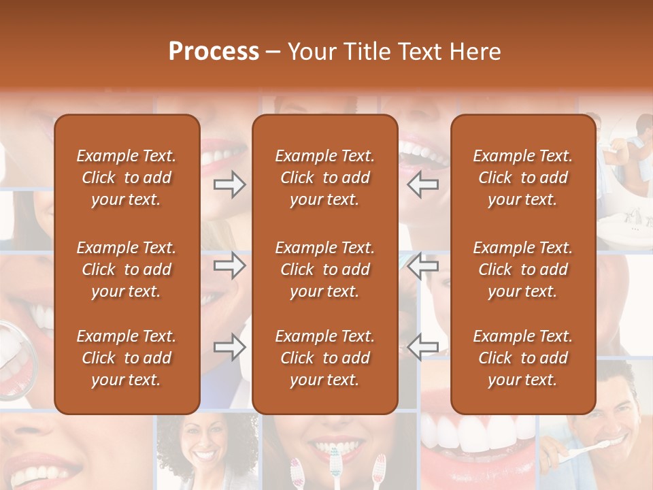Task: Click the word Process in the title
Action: click(x=214, y=52)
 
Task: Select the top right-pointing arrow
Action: click(x=230, y=184)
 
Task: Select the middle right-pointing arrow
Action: click(x=230, y=265)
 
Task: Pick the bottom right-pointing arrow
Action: click(x=230, y=347)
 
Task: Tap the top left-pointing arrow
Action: click(x=423, y=184)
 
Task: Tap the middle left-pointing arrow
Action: click(x=423, y=265)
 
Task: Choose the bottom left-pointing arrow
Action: click(x=423, y=347)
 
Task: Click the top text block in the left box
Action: click(x=127, y=178)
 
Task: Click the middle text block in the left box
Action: click(x=127, y=269)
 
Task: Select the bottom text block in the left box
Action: click(x=127, y=358)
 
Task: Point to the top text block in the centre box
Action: click(x=324, y=178)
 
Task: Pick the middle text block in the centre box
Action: click(x=324, y=269)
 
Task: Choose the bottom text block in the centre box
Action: click(x=324, y=358)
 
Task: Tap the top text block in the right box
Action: click(x=522, y=178)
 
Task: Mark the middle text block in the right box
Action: click(x=522, y=269)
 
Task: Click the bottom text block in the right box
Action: click(x=522, y=358)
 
